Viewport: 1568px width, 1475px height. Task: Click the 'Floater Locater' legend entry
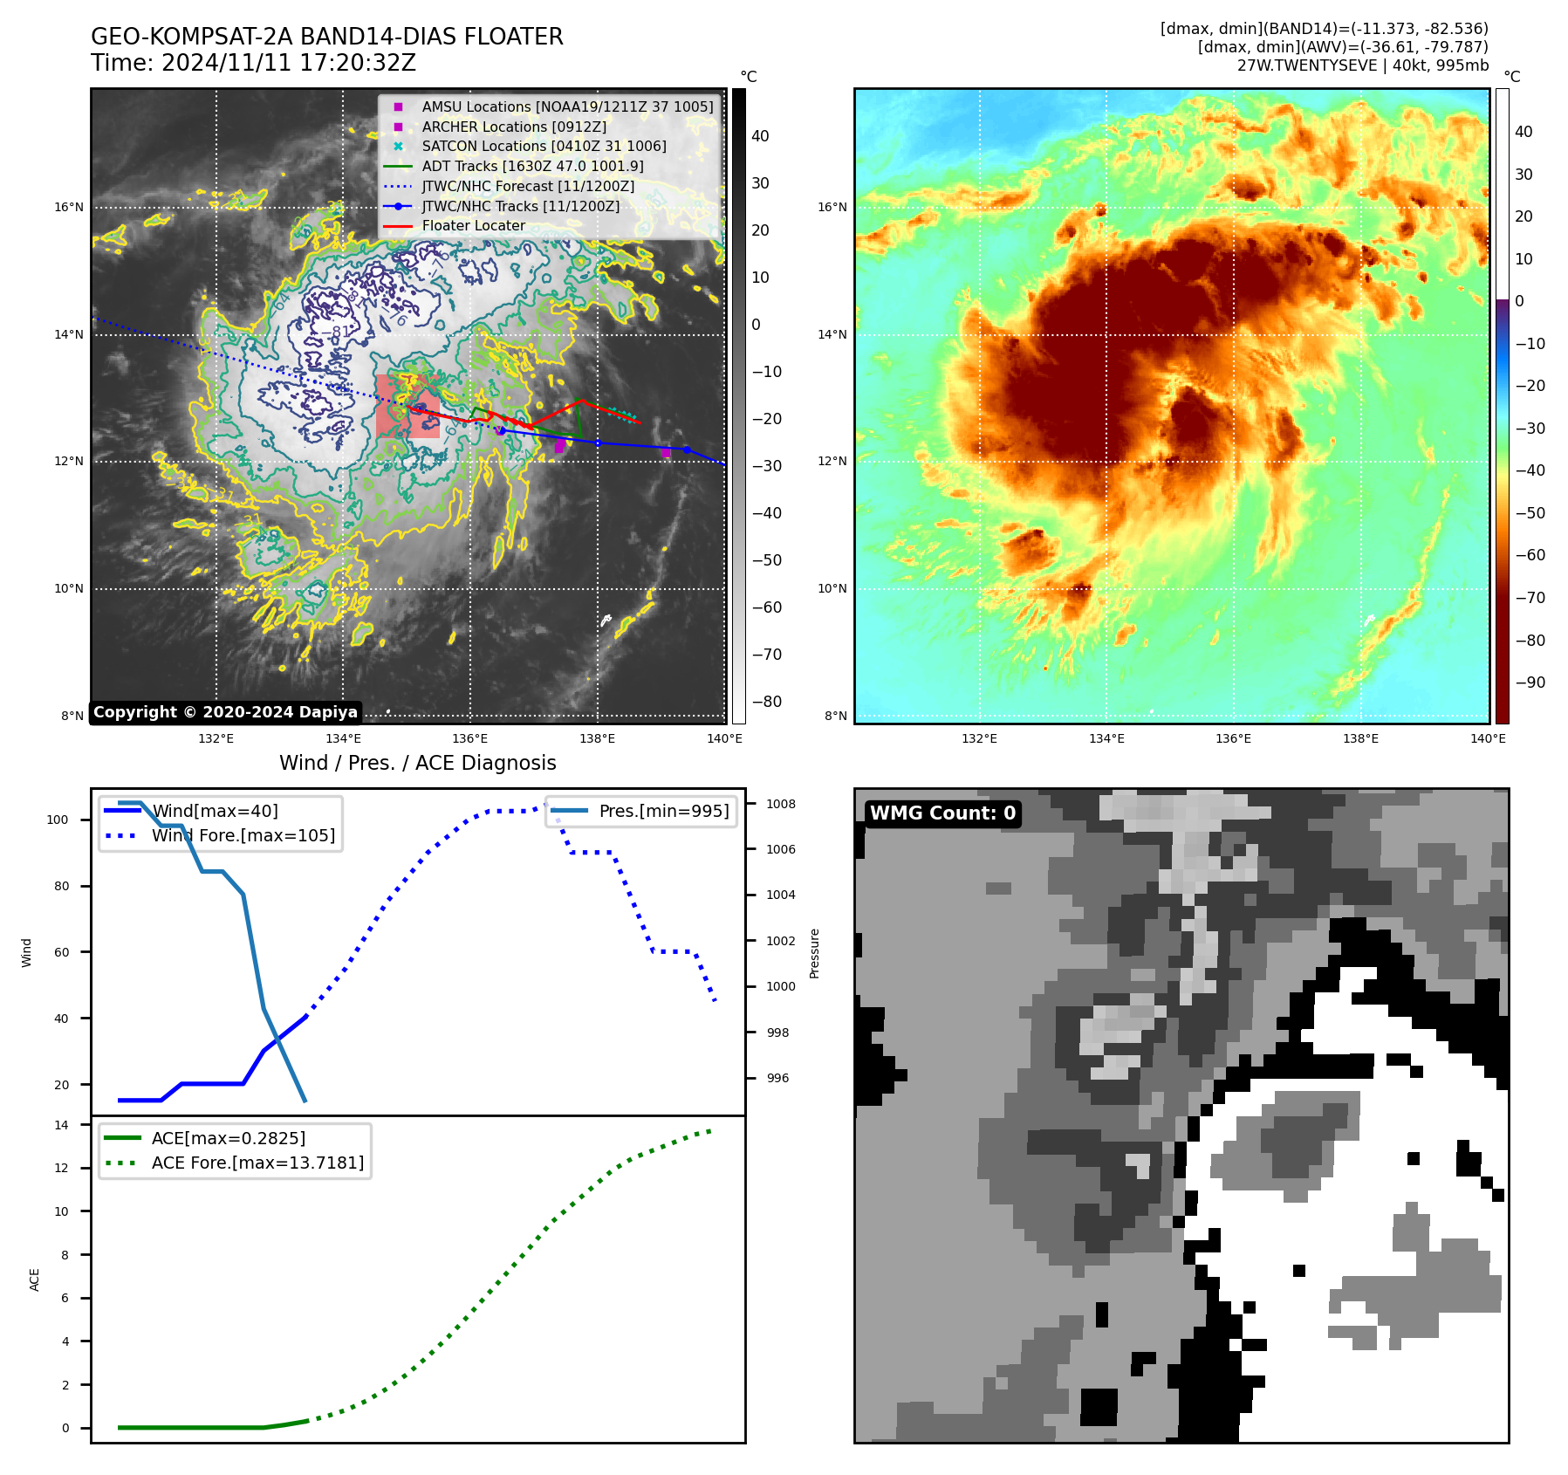(x=473, y=226)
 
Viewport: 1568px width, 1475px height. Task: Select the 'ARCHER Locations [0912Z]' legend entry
(x=514, y=127)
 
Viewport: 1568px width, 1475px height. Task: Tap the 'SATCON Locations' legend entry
(x=544, y=147)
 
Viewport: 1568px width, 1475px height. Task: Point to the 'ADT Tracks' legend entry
(x=532, y=166)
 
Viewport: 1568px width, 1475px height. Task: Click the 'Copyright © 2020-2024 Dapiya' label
(x=225, y=712)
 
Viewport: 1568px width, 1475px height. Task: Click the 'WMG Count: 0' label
(x=942, y=813)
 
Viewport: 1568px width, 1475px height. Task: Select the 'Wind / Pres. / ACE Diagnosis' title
(x=417, y=763)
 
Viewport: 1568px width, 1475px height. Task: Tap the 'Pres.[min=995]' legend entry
(x=663, y=811)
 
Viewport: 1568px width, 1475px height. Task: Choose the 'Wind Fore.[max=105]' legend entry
(x=243, y=835)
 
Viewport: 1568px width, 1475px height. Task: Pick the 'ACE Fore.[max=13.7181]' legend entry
(x=257, y=1163)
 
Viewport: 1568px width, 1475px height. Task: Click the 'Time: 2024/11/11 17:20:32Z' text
(x=253, y=64)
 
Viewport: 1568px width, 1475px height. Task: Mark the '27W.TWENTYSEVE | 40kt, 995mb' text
(x=1362, y=65)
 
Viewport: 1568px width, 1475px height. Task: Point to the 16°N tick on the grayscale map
(x=69, y=208)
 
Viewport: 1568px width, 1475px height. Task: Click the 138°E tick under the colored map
(x=1360, y=738)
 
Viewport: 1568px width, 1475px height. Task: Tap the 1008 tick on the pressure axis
(x=781, y=804)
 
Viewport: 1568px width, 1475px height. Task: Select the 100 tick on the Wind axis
(x=58, y=820)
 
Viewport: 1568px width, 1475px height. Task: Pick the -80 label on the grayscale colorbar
(x=767, y=702)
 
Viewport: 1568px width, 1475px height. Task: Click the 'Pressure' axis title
(x=814, y=953)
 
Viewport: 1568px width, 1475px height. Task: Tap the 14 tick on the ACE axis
(x=61, y=1125)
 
